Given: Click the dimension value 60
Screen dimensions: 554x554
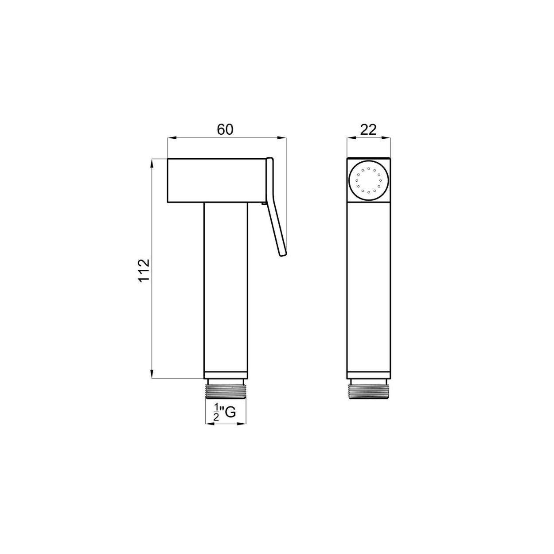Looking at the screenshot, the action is [225, 130].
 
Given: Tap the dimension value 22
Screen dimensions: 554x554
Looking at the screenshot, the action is [368, 130].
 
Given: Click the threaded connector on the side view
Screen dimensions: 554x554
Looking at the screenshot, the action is [226, 388].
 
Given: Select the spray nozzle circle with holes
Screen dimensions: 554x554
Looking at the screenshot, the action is [369, 180].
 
